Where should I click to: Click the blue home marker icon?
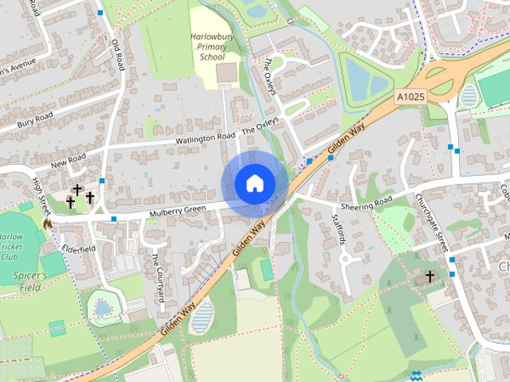pos(254,184)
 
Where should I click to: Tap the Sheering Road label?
pos(374,203)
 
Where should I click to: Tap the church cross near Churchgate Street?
pos(430,277)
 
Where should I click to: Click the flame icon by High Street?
pos(47,224)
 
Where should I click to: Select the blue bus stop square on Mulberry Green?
pos(115,217)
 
